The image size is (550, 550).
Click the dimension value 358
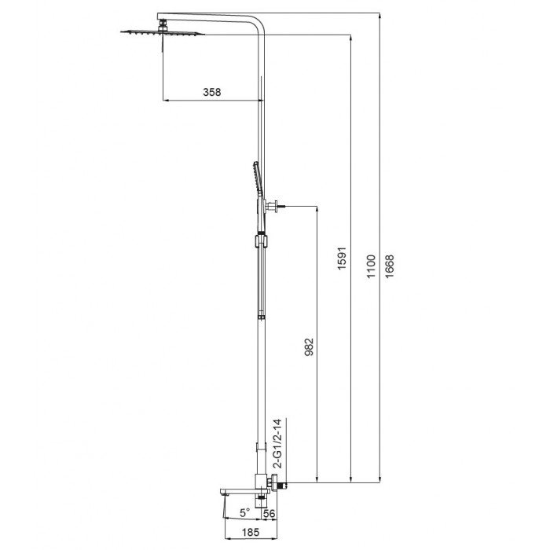[x=211, y=92]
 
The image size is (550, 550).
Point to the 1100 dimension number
[x=371, y=264]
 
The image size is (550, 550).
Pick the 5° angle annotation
[x=244, y=512]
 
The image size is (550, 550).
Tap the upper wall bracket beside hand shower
[x=272, y=207]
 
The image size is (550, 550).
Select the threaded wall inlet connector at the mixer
[x=280, y=483]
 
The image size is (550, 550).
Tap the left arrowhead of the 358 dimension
[x=166, y=100]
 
